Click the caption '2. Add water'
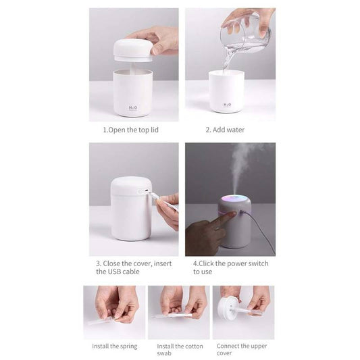tap(225, 129)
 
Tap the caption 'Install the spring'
tap(114, 346)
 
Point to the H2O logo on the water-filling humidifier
tap(226, 105)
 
